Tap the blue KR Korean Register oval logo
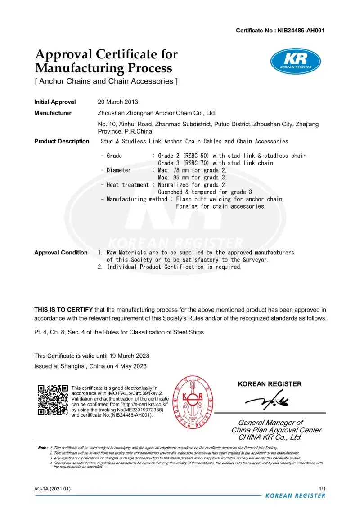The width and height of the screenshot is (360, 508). coord(295,61)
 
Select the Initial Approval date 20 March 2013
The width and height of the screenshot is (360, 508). coord(118,102)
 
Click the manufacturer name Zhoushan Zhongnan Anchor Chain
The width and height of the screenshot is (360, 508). coord(157,113)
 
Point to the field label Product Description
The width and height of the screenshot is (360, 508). coord(62,141)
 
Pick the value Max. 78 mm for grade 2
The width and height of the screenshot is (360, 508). coord(192,170)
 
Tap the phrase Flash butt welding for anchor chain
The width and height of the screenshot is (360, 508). coord(230,199)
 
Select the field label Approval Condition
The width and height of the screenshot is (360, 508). coord(61,252)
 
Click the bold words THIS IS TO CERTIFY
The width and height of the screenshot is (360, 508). coord(63,310)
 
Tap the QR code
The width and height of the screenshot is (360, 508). coord(52,400)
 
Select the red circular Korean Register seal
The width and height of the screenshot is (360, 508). coord(193,401)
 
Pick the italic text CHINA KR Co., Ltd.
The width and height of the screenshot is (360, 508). coord(270,437)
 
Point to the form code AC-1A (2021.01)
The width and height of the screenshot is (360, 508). coord(52,488)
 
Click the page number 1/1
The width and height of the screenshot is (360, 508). coord(322,488)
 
